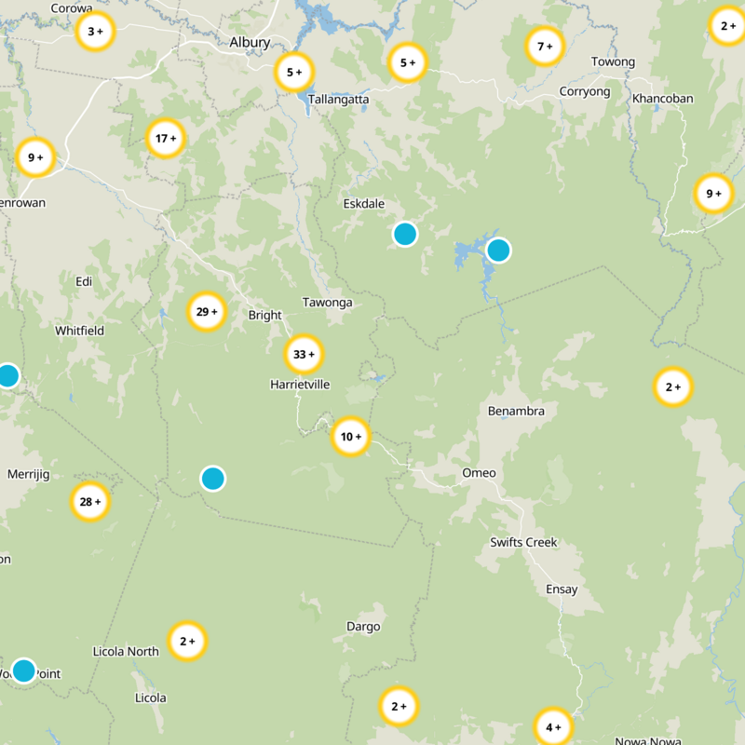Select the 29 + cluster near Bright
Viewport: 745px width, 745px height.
pos(207,312)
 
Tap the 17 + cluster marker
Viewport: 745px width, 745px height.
pos(166,140)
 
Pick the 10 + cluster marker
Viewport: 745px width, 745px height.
pos(351,437)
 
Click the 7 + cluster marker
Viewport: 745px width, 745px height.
pos(545,47)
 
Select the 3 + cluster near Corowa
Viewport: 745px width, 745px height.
pos(95,32)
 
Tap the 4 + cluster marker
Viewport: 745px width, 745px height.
pos(553,727)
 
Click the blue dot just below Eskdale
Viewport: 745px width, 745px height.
pos(404,234)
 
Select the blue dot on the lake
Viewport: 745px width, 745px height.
pos(498,250)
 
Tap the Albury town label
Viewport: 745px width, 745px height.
pos(250,43)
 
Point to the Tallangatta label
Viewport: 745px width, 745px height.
pos(338,99)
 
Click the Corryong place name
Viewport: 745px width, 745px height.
pos(584,91)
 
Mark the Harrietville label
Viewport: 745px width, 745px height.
pos(300,384)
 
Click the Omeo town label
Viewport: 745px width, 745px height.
pos(479,473)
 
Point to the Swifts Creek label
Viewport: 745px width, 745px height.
pos(523,542)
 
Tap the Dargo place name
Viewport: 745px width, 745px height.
pos(363,627)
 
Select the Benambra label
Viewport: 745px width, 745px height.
pos(516,411)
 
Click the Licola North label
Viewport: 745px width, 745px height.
pos(127,652)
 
